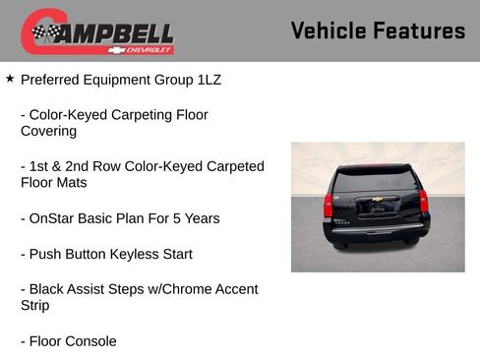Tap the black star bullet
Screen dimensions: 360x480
pyautogui.click(x=10, y=78)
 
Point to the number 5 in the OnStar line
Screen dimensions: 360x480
pyautogui.click(x=169, y=218)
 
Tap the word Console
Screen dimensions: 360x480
pyautogui.click(x=90, y=341)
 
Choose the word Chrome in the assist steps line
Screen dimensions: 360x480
pyautogui.click(x=197, y=289)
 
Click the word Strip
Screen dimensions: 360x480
pyautogui.click(x=34, y=306)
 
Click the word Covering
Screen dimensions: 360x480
pyautogui.click(x=48, y=131)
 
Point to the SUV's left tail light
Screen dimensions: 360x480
pyautogui.click(x=329, y=205)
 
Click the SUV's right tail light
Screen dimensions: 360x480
pyautogui.click(x=423, y=202)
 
